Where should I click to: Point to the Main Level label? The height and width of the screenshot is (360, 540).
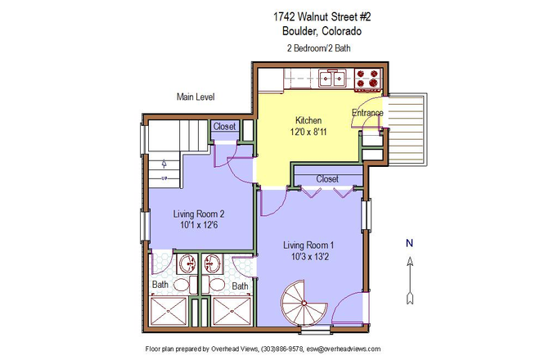pos(196,97)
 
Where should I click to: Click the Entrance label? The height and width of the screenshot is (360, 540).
pos(367,112)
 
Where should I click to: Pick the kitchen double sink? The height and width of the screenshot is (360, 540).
pos(331,79)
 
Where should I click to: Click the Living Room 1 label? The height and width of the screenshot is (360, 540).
pos(308,245)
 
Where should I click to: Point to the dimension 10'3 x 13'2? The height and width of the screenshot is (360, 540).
pos(308,258)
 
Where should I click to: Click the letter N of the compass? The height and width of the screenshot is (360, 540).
pos(410,242)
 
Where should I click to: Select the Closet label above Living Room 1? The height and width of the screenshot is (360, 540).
pos(327,178)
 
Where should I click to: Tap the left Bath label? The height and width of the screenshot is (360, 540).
pos(160,286)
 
